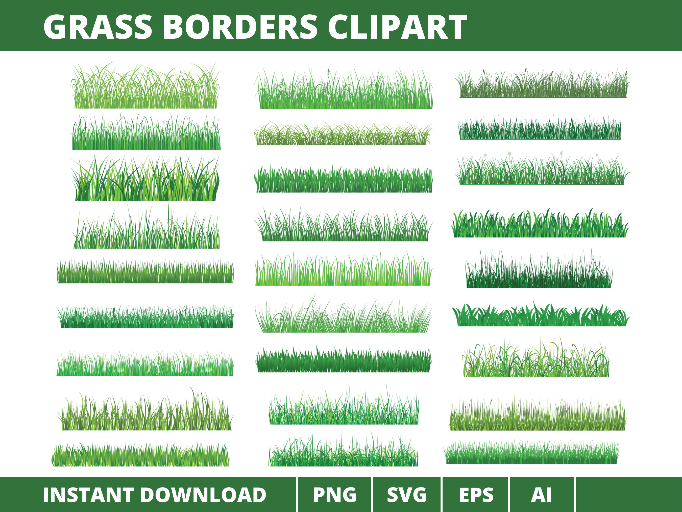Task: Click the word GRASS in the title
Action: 98,27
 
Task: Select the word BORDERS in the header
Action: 240,27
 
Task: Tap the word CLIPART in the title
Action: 397,27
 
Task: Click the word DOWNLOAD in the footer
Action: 204,495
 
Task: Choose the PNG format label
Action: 335,495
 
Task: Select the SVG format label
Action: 407,495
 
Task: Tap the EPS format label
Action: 476,495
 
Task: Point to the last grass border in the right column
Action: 531,453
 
